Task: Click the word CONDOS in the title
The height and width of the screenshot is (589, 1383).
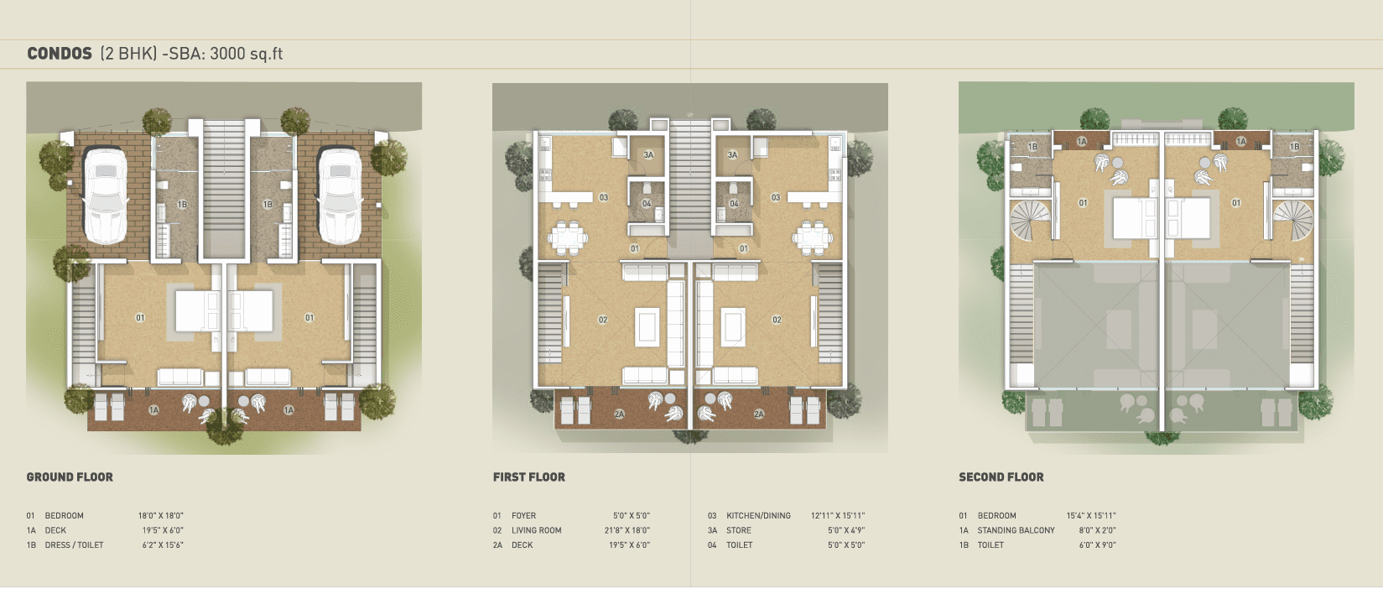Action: [x=60, y=54]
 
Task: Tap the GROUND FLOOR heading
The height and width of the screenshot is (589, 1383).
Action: [x=70, y=477]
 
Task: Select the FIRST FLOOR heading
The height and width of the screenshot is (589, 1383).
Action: [x=529, y=477]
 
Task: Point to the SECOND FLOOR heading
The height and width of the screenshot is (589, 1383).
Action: [x=1001, y=477]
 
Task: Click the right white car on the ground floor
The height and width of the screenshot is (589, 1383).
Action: [x=340, y=195]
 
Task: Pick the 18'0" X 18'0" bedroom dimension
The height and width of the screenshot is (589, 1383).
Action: [x=160, y=515]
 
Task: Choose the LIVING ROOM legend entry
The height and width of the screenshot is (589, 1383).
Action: [x=537, y=530]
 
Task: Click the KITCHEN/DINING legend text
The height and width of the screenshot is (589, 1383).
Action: [x=758, y=515]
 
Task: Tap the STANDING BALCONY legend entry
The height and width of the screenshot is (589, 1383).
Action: [x=1016, y=530]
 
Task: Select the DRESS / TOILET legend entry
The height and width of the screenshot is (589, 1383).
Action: [x=74, y=545]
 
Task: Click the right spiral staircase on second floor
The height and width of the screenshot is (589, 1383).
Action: [x=1293, y=221]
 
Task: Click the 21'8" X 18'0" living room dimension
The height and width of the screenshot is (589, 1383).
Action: [x=627, y=530]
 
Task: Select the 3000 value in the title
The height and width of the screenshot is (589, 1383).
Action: [x=227, y=54]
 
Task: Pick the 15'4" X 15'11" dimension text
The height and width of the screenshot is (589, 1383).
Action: [x=1091, y=515]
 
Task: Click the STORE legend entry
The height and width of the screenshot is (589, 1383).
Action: [x=738, y=530]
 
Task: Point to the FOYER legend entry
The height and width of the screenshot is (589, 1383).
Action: [x=523, y=515]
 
